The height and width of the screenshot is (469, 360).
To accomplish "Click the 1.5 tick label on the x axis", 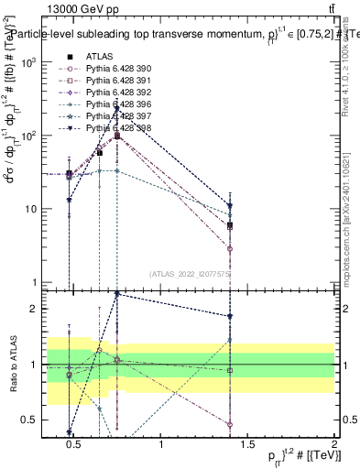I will click(249, 445).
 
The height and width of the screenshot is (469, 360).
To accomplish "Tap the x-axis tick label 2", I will click(334, 445).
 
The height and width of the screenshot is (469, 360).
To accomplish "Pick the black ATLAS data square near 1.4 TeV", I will click(230, 225).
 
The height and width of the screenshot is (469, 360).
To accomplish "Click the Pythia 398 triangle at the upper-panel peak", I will click(117, 108).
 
